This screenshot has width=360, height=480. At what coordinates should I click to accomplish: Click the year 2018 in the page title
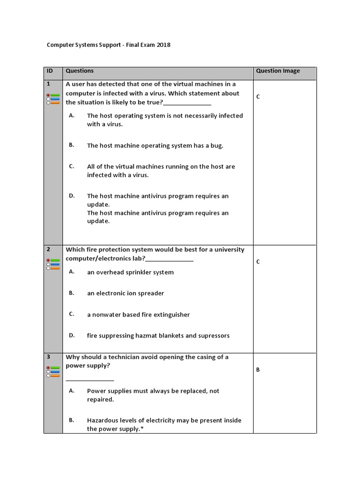[163, 45]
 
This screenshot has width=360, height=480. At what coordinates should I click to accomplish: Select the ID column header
[50, 71]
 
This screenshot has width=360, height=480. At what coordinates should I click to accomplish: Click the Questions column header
[80, 71]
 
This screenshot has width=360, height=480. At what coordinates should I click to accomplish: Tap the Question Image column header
[277, 71]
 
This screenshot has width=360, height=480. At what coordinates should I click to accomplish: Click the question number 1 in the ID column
[48, 84]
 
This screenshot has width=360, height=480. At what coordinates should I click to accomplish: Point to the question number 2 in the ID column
[48, 250]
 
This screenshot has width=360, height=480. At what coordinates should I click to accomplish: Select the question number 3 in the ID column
[48, 357]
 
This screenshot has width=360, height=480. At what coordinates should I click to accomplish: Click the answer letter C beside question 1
[258, 97]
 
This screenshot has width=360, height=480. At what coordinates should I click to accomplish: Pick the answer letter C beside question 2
[258, 262]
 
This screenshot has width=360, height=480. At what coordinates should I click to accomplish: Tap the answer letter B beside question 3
[258, 370]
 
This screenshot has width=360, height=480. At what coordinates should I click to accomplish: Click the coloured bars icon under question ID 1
[53, 99]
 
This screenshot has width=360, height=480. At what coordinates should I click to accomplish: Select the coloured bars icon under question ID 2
[53, 264]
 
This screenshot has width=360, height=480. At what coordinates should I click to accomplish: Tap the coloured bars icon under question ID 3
[53, 372]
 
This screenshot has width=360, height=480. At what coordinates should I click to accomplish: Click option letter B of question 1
[71, 145]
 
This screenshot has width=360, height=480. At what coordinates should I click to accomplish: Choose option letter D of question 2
[72, 335]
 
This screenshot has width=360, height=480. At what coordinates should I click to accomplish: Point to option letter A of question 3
[72, 390]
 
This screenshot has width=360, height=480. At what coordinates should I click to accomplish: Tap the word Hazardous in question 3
[102, 420]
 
